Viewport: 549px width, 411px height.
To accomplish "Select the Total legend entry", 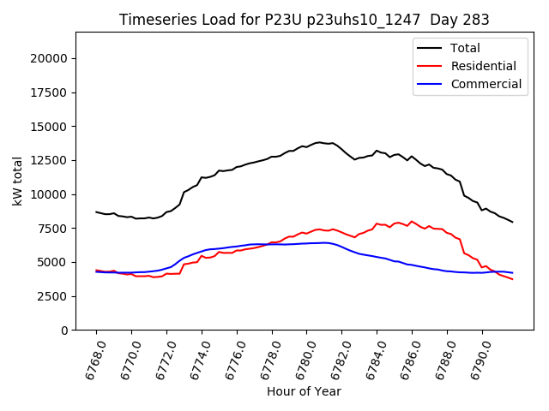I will click(466, 48).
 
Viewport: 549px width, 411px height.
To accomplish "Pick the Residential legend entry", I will click(483, 66).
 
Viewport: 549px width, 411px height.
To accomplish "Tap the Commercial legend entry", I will click(486, 84).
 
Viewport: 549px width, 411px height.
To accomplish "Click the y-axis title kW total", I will click(18, 181).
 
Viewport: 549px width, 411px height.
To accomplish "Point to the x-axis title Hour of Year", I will click(304, 391).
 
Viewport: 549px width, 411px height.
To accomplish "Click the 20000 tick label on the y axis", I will click(50, 58).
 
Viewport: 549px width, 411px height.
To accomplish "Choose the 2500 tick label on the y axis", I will click(53, 296).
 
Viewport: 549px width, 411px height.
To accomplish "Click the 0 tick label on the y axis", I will click(64, 331).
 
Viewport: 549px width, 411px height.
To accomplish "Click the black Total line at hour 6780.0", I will click(307, 146).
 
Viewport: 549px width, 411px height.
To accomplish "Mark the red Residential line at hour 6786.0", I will click(412, 221).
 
